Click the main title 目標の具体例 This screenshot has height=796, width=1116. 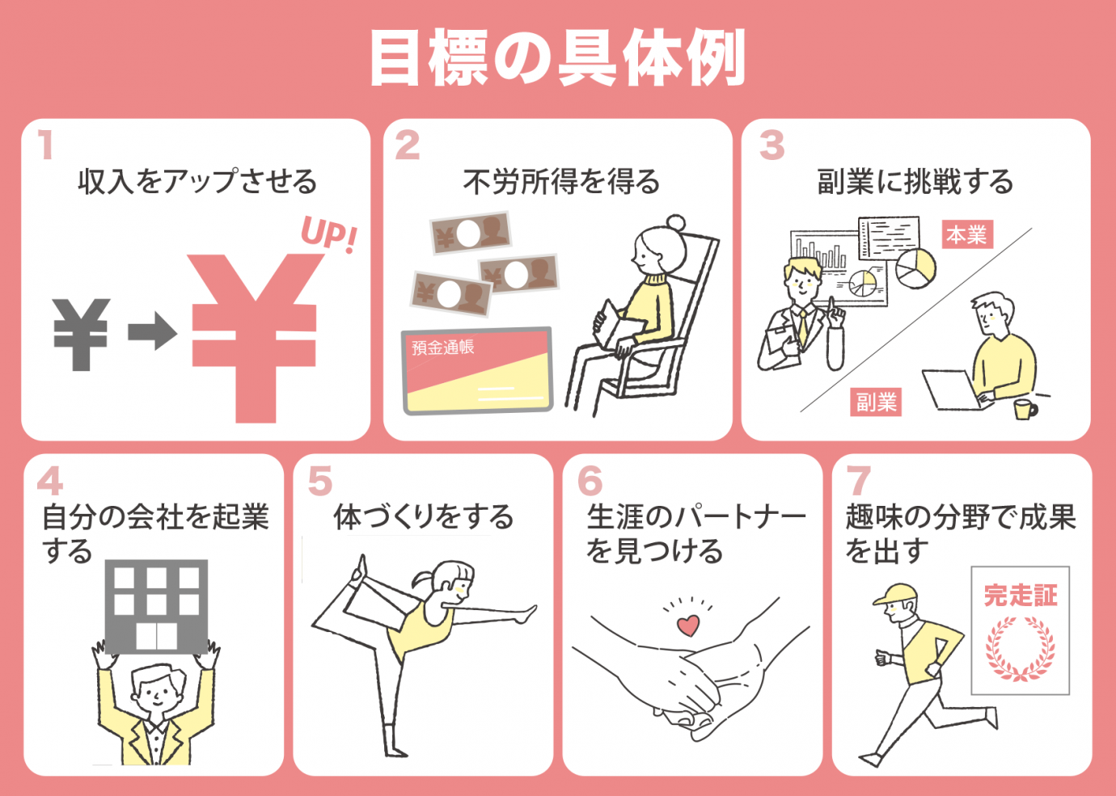click(557, 58)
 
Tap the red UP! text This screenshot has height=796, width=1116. click(328, 234)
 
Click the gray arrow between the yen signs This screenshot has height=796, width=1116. click(152, 332)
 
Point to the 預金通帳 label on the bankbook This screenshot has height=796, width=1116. click(442, 348)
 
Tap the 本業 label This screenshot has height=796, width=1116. click(966, 234)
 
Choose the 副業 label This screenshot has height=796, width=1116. click(876, 402)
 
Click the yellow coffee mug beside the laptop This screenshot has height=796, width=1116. click(1025, 409)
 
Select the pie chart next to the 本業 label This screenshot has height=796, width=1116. click(915, 267)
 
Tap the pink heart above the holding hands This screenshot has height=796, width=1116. click(688, 625)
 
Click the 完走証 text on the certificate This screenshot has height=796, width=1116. click(1021, 596)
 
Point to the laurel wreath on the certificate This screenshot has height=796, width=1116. click(1021, 649)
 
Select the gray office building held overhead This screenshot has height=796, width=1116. click(157, 606)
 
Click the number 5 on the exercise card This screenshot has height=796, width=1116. click(320, 481)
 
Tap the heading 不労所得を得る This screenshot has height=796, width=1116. click(561, 182)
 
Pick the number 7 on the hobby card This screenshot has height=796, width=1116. click(858, 481)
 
